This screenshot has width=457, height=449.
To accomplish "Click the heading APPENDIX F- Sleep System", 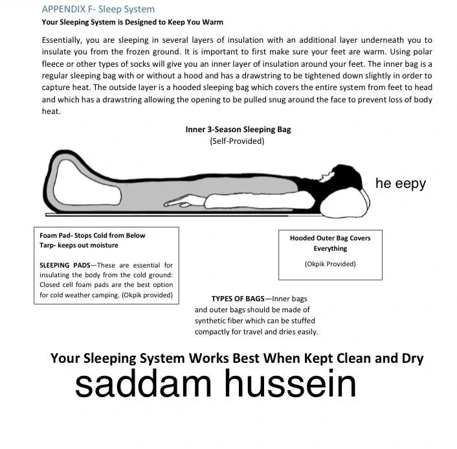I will click(98, 9).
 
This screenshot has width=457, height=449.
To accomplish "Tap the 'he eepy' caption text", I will click(400, 183).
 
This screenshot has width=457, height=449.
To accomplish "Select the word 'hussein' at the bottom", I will click(290, 384).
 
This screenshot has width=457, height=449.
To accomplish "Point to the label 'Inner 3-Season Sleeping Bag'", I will click(238, 129).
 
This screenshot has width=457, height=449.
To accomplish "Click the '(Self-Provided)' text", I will click(237, 141).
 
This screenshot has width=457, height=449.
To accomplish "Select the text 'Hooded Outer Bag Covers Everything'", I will click(330, 243).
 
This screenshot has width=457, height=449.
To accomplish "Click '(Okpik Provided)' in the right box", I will click(330, 264).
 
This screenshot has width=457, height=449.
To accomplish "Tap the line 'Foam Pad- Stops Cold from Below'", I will click(93, 235).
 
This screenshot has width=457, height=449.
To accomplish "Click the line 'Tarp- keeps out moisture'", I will click(79, 245).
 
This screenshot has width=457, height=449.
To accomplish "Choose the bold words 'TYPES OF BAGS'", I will click(238, 299).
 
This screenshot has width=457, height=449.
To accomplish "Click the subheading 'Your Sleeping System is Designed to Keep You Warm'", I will click(132, 22).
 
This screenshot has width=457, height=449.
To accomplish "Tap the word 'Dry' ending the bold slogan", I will click(411, 358).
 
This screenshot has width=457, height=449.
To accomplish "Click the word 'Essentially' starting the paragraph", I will click(61, 40).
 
